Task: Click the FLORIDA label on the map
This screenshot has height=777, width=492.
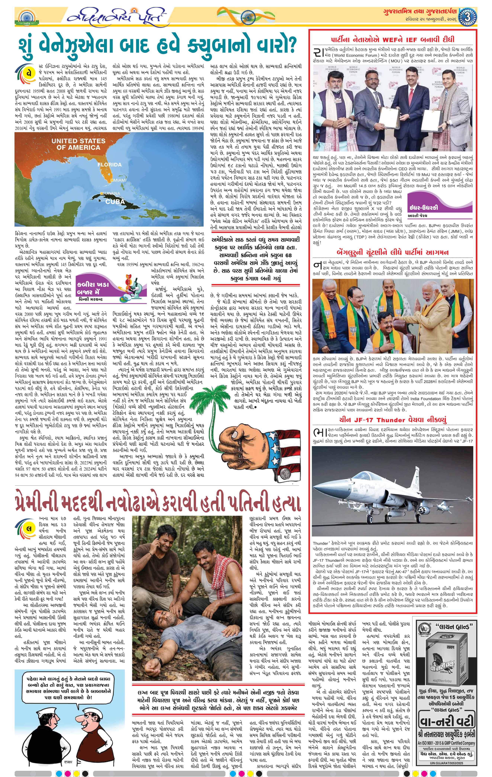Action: tap(110, 165)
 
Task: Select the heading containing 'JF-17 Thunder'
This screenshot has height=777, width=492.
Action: tap(393, 420)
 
